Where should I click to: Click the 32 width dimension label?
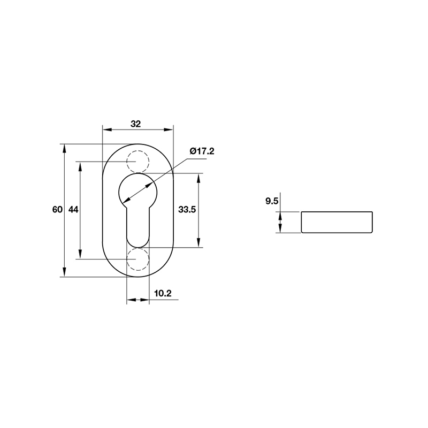pos(135,124)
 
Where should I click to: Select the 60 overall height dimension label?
pos(57,210)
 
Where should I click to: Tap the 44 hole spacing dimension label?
pos(73,210)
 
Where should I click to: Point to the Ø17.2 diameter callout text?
pos(202,151)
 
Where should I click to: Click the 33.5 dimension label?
pos(187,210)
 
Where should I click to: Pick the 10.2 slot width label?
pos(162,293)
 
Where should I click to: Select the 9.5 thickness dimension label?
pos(272,202)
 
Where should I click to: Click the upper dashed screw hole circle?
pos(137,161)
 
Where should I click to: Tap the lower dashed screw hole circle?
pos(137,259)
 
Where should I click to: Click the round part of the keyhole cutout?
pos(137,190)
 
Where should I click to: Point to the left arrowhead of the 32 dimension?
pos(105,129)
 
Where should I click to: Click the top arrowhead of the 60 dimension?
pos(65,147)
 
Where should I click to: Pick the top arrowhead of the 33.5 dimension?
pos(198,177)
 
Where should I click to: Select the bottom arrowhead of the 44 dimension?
pos(80,256)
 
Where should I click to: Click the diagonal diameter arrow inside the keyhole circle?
pos(137,190)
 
